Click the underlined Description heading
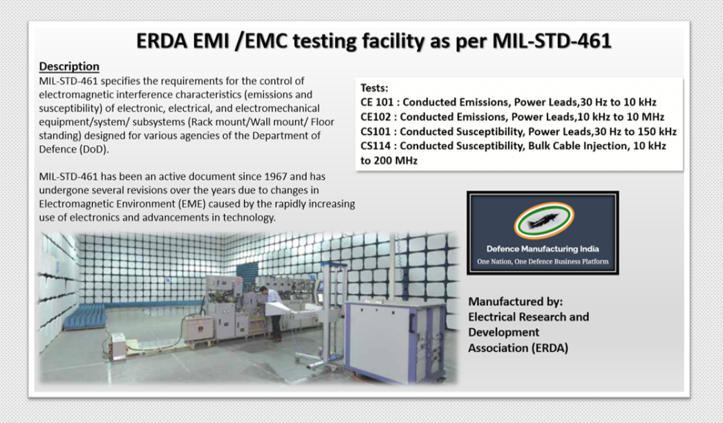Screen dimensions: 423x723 tap(69, 66)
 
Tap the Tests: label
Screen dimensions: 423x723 tap(375, 89)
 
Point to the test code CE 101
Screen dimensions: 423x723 tap(377, 102)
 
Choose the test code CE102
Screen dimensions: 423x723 tap(376, 117)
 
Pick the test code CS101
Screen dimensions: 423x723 tap(376, 132)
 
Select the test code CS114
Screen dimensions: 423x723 tap(376, 146)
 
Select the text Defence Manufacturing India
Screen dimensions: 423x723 tap(543, 249)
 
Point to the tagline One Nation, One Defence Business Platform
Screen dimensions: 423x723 tap(543, 262)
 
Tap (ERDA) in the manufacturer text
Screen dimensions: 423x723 tap(548, 348)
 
